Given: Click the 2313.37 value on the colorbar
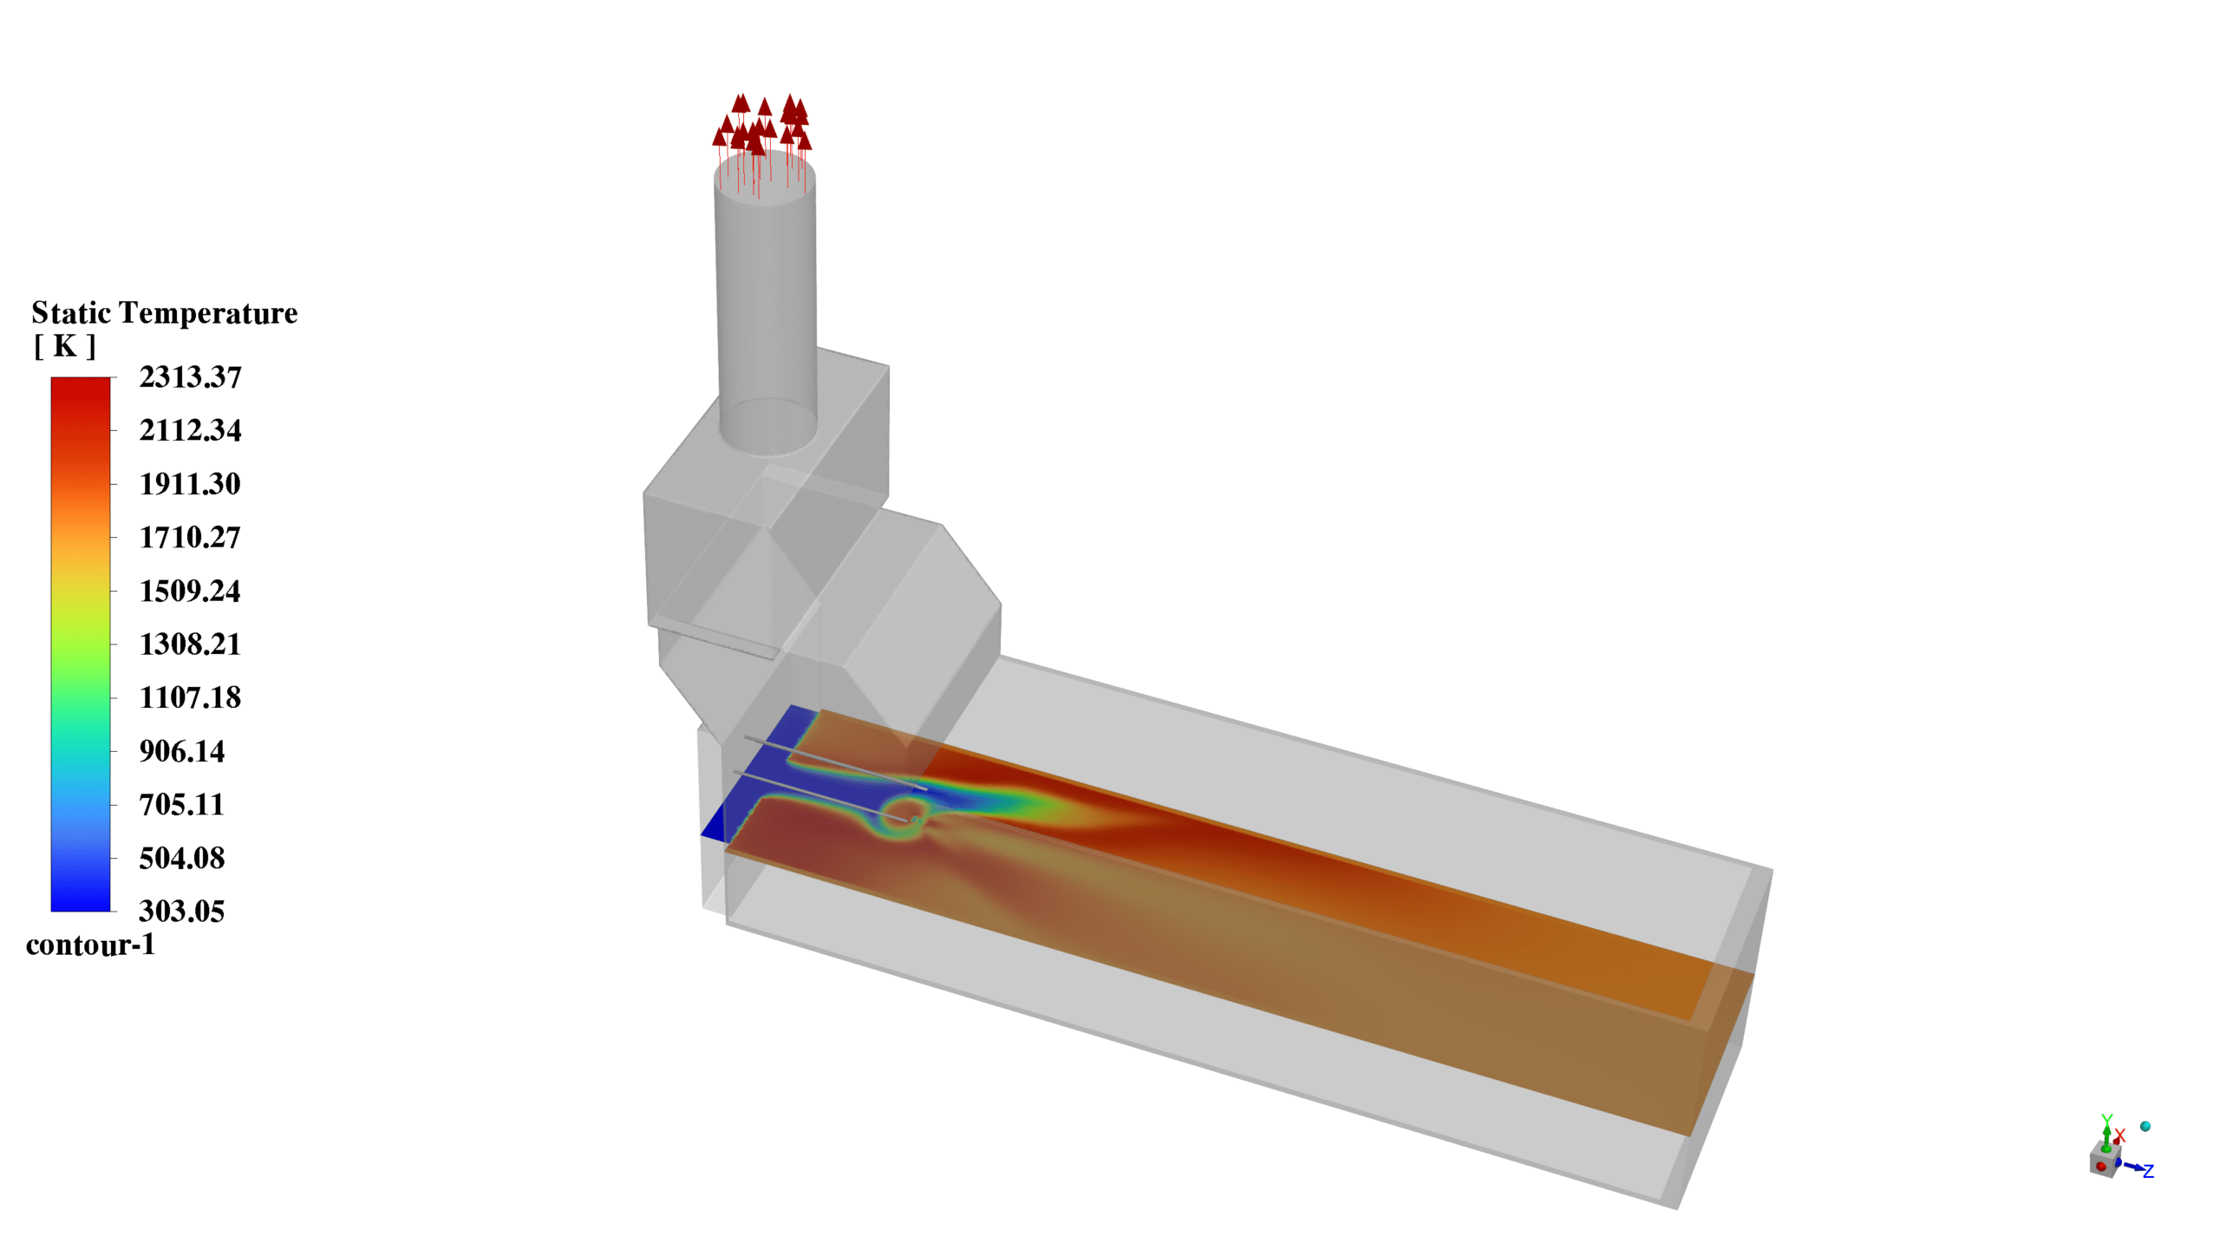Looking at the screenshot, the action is click(x=190, y=377).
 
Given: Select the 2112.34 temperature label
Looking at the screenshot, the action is click(x=190, y=430).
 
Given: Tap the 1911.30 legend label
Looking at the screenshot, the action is click(x=190, y=484).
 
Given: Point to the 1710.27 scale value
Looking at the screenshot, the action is click(x=190, y=538).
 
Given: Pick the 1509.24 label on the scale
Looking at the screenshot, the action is click(x=190, y=592).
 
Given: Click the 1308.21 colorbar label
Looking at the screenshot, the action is click(x=190, y=644).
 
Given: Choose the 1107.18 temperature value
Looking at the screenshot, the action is click(x=190, y=697).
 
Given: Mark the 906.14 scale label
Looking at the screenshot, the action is click(x=182, y=751).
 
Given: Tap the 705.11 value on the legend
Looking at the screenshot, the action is click(x=182, y=805).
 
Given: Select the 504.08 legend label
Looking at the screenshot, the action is click(x=182, y=859).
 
